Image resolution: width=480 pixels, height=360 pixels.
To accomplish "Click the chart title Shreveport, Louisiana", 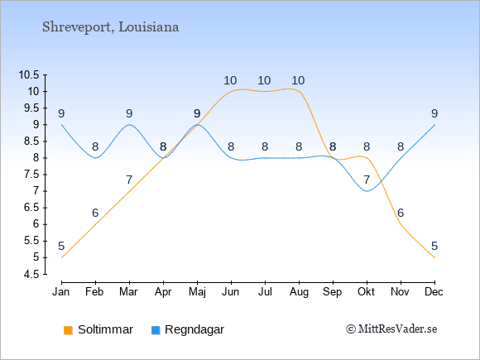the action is pyautogui.click(x=111, y=27).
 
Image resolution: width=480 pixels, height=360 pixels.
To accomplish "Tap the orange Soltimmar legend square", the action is pyautogui.click(x=68, y=330).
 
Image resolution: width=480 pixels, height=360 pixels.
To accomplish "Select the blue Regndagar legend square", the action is pyautogui.click(x=156, y=330).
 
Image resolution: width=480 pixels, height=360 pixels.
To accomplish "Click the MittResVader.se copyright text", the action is pyautogui.click(x=391, y=329).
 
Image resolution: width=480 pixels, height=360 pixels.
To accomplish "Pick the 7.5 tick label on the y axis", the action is pyautogui.click(x=31, y=175).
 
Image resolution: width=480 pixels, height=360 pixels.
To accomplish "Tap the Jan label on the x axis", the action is pyautogui.click(x=61, y=292).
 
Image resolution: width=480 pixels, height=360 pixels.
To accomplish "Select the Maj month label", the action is pyautogui.click(x=197, y=292).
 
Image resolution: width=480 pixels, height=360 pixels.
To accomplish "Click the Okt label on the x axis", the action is pyautogui.click(x=366, y=292).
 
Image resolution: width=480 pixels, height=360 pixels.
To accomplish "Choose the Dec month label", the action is pyautogui.click(x=434, y=292).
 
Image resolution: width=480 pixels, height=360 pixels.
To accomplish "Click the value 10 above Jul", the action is pyautogui.click(x=264, y=81).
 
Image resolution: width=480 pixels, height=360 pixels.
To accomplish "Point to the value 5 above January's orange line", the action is pyautogui.click(x=61, y=246).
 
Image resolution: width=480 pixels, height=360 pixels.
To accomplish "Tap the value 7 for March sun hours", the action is pyautogui.click(x=129, y=180).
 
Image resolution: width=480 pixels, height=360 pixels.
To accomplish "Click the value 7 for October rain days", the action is pyautogui.click(x=367, y=180).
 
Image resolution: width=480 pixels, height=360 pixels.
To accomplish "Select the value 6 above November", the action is pyautogui.click(x=401, y=213).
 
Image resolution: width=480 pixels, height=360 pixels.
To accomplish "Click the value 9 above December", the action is pyautogui.click(x=434, y=114).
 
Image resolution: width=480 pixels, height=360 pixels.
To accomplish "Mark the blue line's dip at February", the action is pyautogui.click(x=95, y=158).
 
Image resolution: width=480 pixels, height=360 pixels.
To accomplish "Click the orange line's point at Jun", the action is pyautogui.click(x=231, y=92).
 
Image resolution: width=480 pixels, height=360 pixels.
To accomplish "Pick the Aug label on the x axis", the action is pyautogui.click(x=299, y=292).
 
